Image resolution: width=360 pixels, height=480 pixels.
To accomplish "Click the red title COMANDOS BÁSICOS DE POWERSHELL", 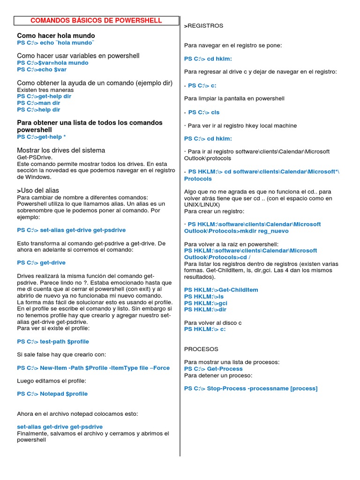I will tap(96, 21).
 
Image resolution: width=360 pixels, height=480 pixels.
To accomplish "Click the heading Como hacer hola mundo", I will tap(56, 36).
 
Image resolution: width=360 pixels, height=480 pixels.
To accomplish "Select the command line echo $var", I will tap(42, 69).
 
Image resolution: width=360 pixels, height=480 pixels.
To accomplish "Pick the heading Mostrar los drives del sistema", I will tap(61, 150).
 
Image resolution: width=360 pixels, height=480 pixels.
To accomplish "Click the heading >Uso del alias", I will tap(38, 190).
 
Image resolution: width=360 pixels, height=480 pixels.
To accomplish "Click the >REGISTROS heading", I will tap(203, 26).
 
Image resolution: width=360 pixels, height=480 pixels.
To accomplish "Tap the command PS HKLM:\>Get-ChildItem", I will tap(221, 290).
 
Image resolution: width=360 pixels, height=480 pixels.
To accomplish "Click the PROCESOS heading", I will tap(201, 349).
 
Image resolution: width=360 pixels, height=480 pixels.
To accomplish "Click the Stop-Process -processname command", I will tap(250, 389).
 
